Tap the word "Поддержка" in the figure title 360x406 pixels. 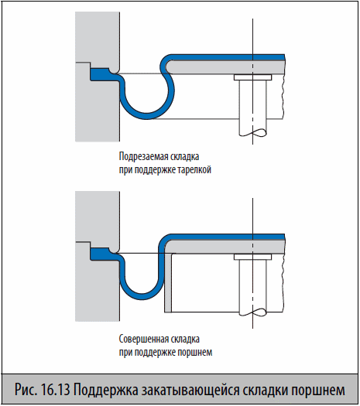point(106,391)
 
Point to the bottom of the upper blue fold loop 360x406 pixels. point(146,116)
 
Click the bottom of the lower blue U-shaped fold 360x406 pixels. point(142,297)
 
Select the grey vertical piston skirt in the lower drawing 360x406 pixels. point(168,283)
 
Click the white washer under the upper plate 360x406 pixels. point(252,77)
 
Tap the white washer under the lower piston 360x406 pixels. point(252,257)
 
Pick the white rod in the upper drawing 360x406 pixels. point(252,107)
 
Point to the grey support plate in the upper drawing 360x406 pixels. point(225,67)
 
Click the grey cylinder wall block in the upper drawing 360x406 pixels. point(98,104)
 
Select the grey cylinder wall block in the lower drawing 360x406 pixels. point(98,285)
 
